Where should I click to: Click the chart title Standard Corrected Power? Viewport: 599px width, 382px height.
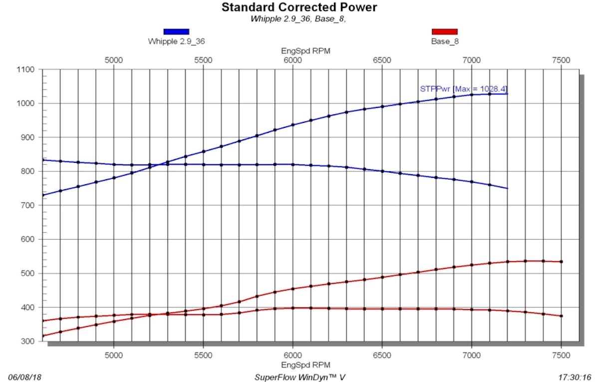pos(299,7)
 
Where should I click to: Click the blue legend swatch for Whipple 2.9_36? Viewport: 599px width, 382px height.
pos(176,31)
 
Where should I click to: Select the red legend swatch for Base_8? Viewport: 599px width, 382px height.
pos(445,31)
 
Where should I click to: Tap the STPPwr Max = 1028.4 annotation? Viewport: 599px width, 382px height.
pos(464,89)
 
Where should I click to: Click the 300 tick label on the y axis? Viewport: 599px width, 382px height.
pos(29,342)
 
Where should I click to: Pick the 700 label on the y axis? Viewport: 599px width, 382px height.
pos(29,205)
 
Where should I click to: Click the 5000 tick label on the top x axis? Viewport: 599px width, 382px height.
pos(114,60)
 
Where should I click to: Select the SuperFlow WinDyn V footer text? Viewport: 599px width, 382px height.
pos(299,377)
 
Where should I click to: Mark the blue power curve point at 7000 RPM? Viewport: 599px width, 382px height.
pos(472,94)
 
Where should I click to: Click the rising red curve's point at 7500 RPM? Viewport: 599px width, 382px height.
pos(562,262)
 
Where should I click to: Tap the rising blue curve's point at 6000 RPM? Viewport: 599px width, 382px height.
pos(293,125)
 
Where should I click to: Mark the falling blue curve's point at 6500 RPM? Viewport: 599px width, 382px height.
pos(382,171)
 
